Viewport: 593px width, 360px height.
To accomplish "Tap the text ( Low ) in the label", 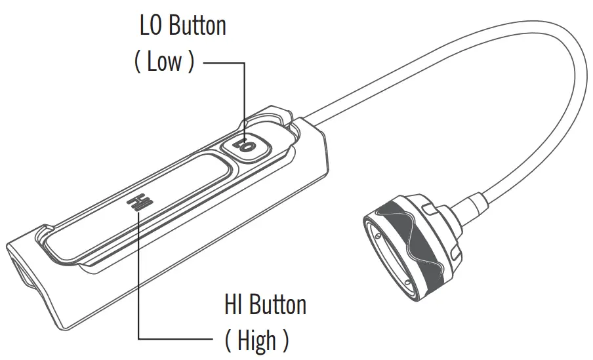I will [164, 62].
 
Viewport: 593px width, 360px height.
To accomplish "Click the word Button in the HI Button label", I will [275, 305].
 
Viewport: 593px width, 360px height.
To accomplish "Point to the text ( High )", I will [256, 340].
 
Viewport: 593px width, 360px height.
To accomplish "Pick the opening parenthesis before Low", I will [137, 63].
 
